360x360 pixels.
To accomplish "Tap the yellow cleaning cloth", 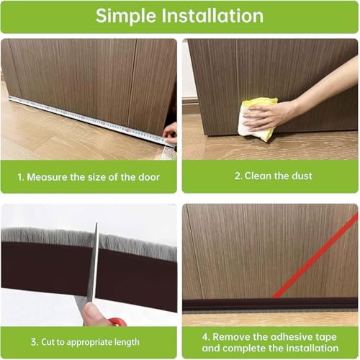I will click(255, 119).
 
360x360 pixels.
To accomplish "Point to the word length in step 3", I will click(124, 341).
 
